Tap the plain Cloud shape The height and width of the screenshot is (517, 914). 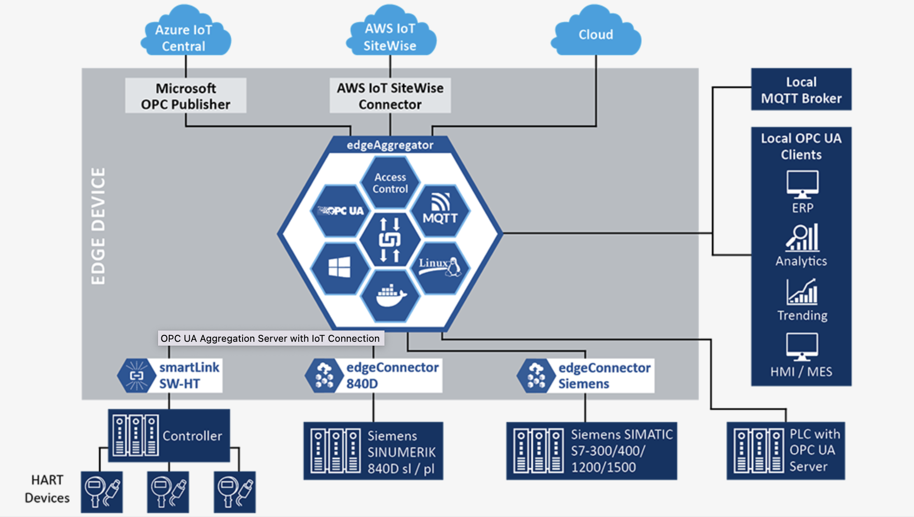(596, 35)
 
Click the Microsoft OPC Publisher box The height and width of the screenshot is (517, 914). (186, 96)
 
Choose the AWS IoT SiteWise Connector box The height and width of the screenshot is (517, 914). (390, 96)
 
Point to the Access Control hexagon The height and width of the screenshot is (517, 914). (390, 183)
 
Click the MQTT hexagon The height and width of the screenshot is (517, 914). (440, 211)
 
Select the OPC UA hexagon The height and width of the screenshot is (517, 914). (341, 211)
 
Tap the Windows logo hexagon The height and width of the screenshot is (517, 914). (340, 267)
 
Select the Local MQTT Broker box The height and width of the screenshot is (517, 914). (801, 90)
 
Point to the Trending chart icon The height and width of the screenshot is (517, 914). (802, 291)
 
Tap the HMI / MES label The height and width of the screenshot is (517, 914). (801, 372)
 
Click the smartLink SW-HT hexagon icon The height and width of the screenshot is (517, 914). (137, 376)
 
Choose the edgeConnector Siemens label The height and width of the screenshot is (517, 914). (604, 376)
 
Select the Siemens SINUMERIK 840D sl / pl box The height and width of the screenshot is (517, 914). (373, 451)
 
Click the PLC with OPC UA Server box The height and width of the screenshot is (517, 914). (786, 451)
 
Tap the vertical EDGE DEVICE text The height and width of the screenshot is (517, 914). (98, 226)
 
